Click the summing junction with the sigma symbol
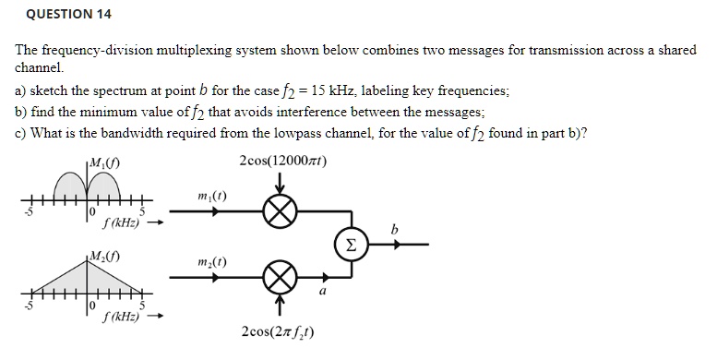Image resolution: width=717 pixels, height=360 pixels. (x=351, y=245)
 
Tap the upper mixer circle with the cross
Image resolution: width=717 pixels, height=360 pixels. (x=278, y=212)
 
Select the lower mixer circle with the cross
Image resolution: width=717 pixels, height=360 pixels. (x=278, y=276)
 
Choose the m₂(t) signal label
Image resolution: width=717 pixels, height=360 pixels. (x=212, y=263)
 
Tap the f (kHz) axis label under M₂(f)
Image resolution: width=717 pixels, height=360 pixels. (x=121, y=317)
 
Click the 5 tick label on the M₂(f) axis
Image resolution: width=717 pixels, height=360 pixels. (x=142, y=306)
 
